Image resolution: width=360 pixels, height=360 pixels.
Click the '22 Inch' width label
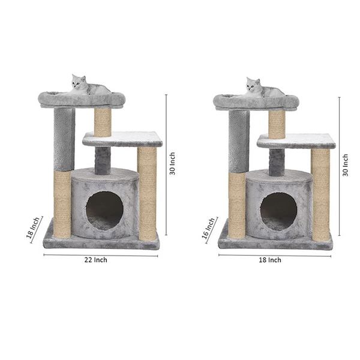[96, 260]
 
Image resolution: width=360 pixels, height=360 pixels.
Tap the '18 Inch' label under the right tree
[270, 260]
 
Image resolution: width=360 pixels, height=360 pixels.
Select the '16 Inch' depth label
[209, 229]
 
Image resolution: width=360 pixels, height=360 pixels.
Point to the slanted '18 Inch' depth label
[33, 227]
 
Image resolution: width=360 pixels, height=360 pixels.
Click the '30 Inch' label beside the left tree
[172, 163]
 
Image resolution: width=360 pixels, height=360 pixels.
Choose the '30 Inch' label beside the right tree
[346, 165]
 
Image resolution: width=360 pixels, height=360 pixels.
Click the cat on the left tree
[89, 85]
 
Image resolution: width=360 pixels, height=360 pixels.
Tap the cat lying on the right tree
[265, 88]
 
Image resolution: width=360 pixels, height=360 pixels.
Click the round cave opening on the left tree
[104, 211]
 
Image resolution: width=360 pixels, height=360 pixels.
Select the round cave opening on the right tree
[279, 212]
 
